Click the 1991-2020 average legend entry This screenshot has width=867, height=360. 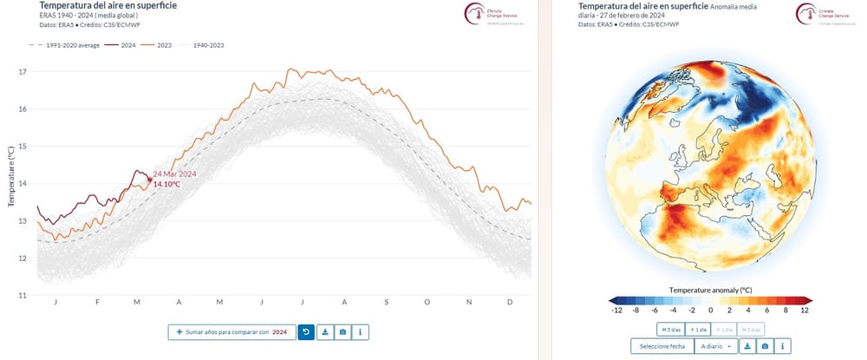coord(68,43)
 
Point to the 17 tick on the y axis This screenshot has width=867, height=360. coord(23,72)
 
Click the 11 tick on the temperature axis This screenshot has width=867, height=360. coord(23,296)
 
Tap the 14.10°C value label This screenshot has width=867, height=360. coord(167,185)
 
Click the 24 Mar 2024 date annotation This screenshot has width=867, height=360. coord(174,174)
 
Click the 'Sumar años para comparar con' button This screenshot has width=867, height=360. coord(231,331)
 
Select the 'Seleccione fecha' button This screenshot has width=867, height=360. coord(662,346)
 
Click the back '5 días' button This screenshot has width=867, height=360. coord(669,329)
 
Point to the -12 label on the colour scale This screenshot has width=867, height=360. coord(616,310)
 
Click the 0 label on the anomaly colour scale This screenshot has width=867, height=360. coord(711,310)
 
